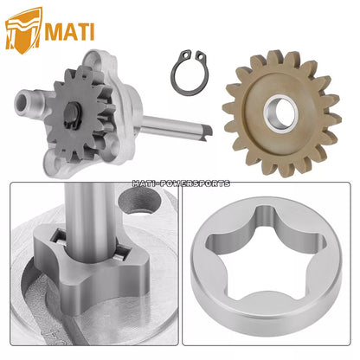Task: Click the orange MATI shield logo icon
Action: pyautogui.click(x=23, y=31)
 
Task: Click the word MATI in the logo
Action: pyautogui.click(x=69, y=32)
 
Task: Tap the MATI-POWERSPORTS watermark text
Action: pyautogui.click(x=181, y=183)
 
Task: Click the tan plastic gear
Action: pyautogui.click(x=281, y=113)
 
